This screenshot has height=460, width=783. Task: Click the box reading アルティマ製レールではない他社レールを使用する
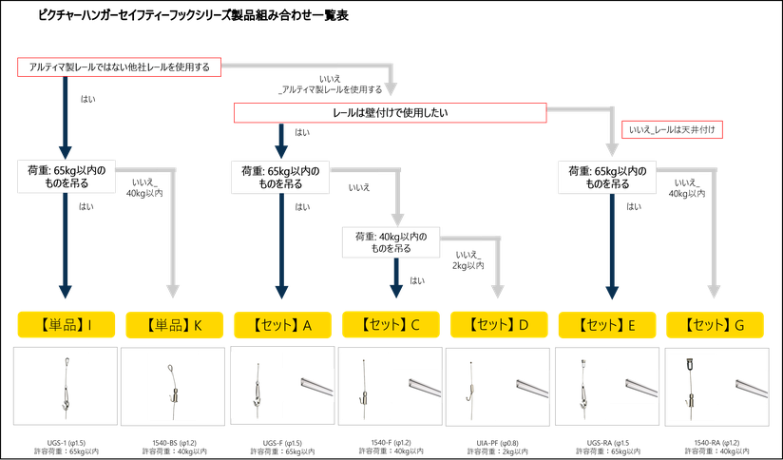point(120,67)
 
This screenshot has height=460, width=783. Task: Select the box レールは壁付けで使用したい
point(390,113)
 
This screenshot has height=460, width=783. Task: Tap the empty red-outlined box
point(672,128)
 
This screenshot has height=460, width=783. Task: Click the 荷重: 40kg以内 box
point(391,242)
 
